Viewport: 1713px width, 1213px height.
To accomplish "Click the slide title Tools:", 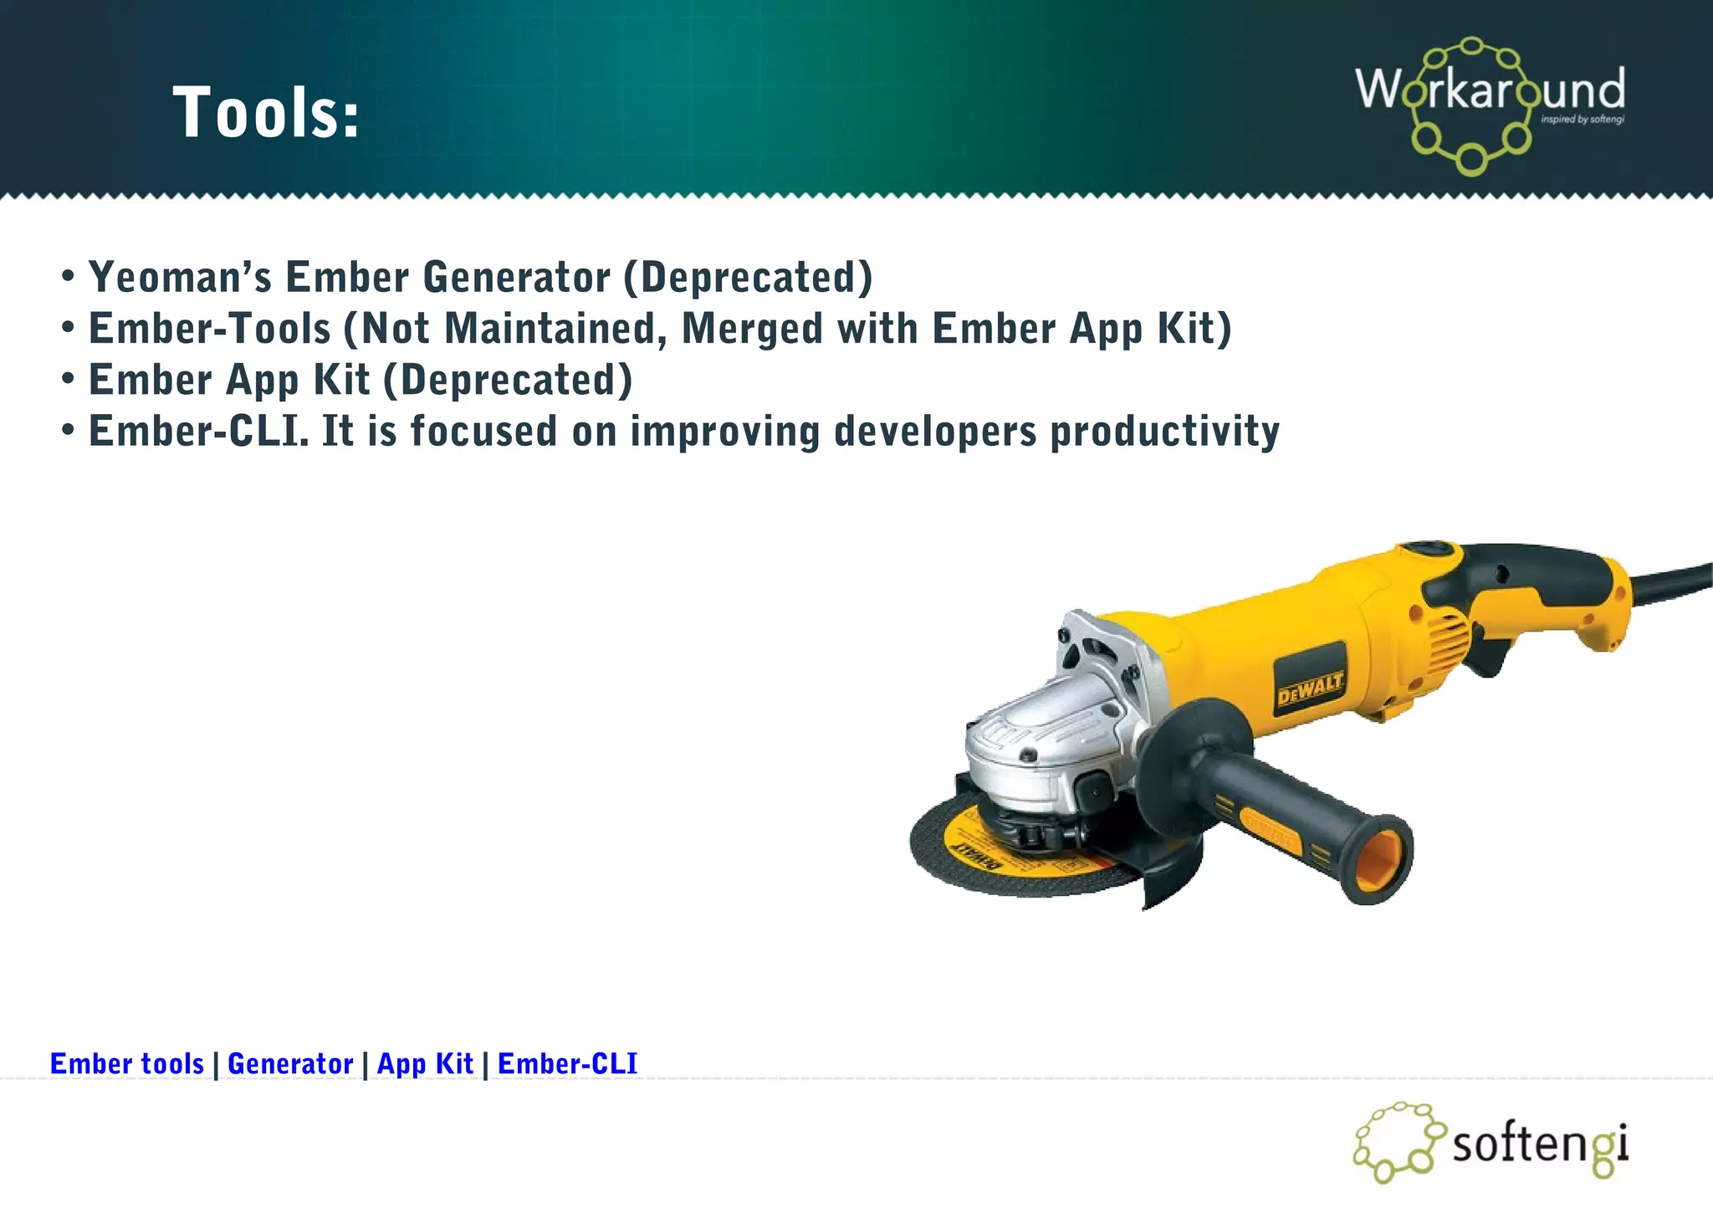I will tap(266, 113).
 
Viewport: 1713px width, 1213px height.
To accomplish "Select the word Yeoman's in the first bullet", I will tap(180, 277).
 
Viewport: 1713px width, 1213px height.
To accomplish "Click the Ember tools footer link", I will tap(127, 1063).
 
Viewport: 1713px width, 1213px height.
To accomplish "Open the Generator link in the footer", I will tap(290, 1063).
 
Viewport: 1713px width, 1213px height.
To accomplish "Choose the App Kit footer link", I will tap(425, 1063).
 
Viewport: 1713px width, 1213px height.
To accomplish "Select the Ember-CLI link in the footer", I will tap(567, 1063).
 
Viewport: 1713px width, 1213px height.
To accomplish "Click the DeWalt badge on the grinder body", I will tap(1309, 688).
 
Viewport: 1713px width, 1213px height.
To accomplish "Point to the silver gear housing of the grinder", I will tap(1046, 736).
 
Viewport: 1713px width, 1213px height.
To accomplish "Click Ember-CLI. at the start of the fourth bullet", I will tap(198, 432).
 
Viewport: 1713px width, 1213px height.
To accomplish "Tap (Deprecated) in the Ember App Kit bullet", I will tap(508, 381).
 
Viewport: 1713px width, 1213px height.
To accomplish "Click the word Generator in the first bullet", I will tap(516, 277).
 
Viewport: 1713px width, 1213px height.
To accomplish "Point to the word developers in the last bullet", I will tap(935, 432).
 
